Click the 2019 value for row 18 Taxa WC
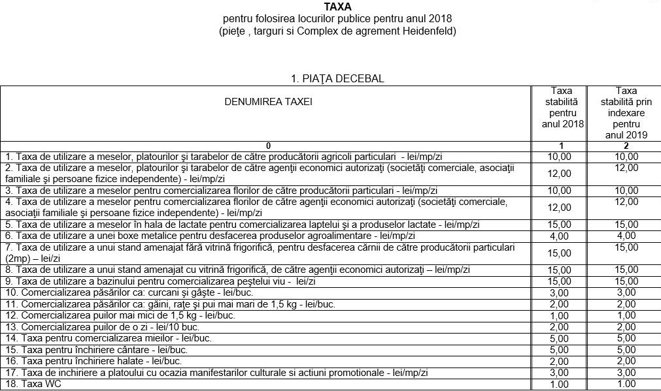[626, 384]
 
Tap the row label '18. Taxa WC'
[33, 384]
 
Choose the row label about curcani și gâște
[121, 293]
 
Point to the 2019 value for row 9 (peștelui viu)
[626, 281]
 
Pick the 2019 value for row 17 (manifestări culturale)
[626, 372]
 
